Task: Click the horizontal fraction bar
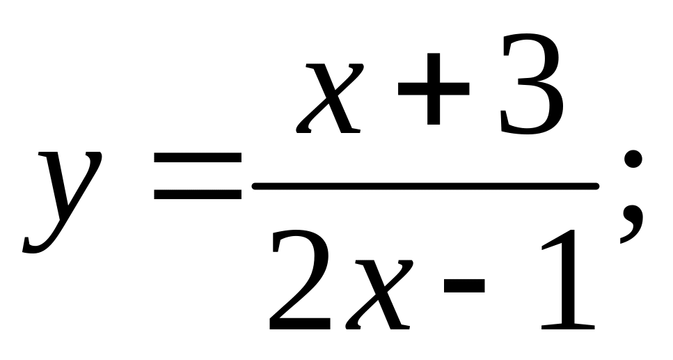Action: coord(425,186)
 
